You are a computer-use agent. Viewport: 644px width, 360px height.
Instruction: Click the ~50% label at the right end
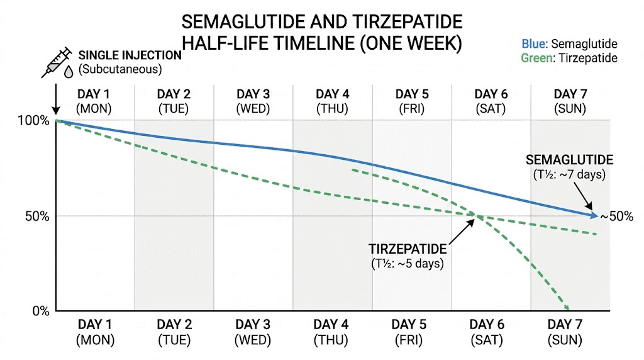[616, 217]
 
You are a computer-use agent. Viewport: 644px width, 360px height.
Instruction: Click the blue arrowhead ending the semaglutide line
[594, 215]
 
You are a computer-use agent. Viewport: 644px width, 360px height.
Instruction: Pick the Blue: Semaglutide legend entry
[569, 44]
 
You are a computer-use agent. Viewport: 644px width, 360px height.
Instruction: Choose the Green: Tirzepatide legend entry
[569, 58]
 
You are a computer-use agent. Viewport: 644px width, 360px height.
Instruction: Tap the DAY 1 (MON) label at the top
[94, 101]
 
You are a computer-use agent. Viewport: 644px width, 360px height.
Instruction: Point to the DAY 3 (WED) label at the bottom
[252, 332]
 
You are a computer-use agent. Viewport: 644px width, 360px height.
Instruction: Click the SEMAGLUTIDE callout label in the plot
[570, 160]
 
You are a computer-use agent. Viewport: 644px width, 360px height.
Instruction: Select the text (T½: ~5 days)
[407, 263]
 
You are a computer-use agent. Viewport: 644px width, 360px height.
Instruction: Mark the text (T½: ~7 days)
[570, 174]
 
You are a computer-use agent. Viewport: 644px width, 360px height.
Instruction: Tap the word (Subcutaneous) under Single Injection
[120, 69]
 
